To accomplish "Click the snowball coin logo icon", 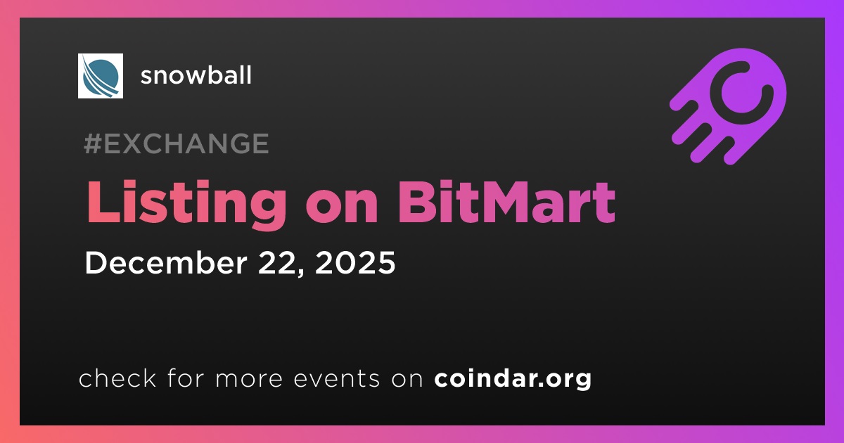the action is [100, 76].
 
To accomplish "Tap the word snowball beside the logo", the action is [196, 75].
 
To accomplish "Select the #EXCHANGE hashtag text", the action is [177, 143].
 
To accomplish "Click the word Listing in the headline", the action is [186, 203].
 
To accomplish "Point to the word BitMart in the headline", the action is [506, 202].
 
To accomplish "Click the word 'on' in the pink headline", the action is [342, 208].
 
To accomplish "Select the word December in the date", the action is [166, 262].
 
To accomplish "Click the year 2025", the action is [355, 262].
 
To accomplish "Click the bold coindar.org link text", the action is [513, 379].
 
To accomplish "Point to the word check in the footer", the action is [117, 378].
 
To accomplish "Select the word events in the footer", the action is [337, 379].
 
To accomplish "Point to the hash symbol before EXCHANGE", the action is [93, 143].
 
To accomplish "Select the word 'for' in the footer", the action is [186, 378].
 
